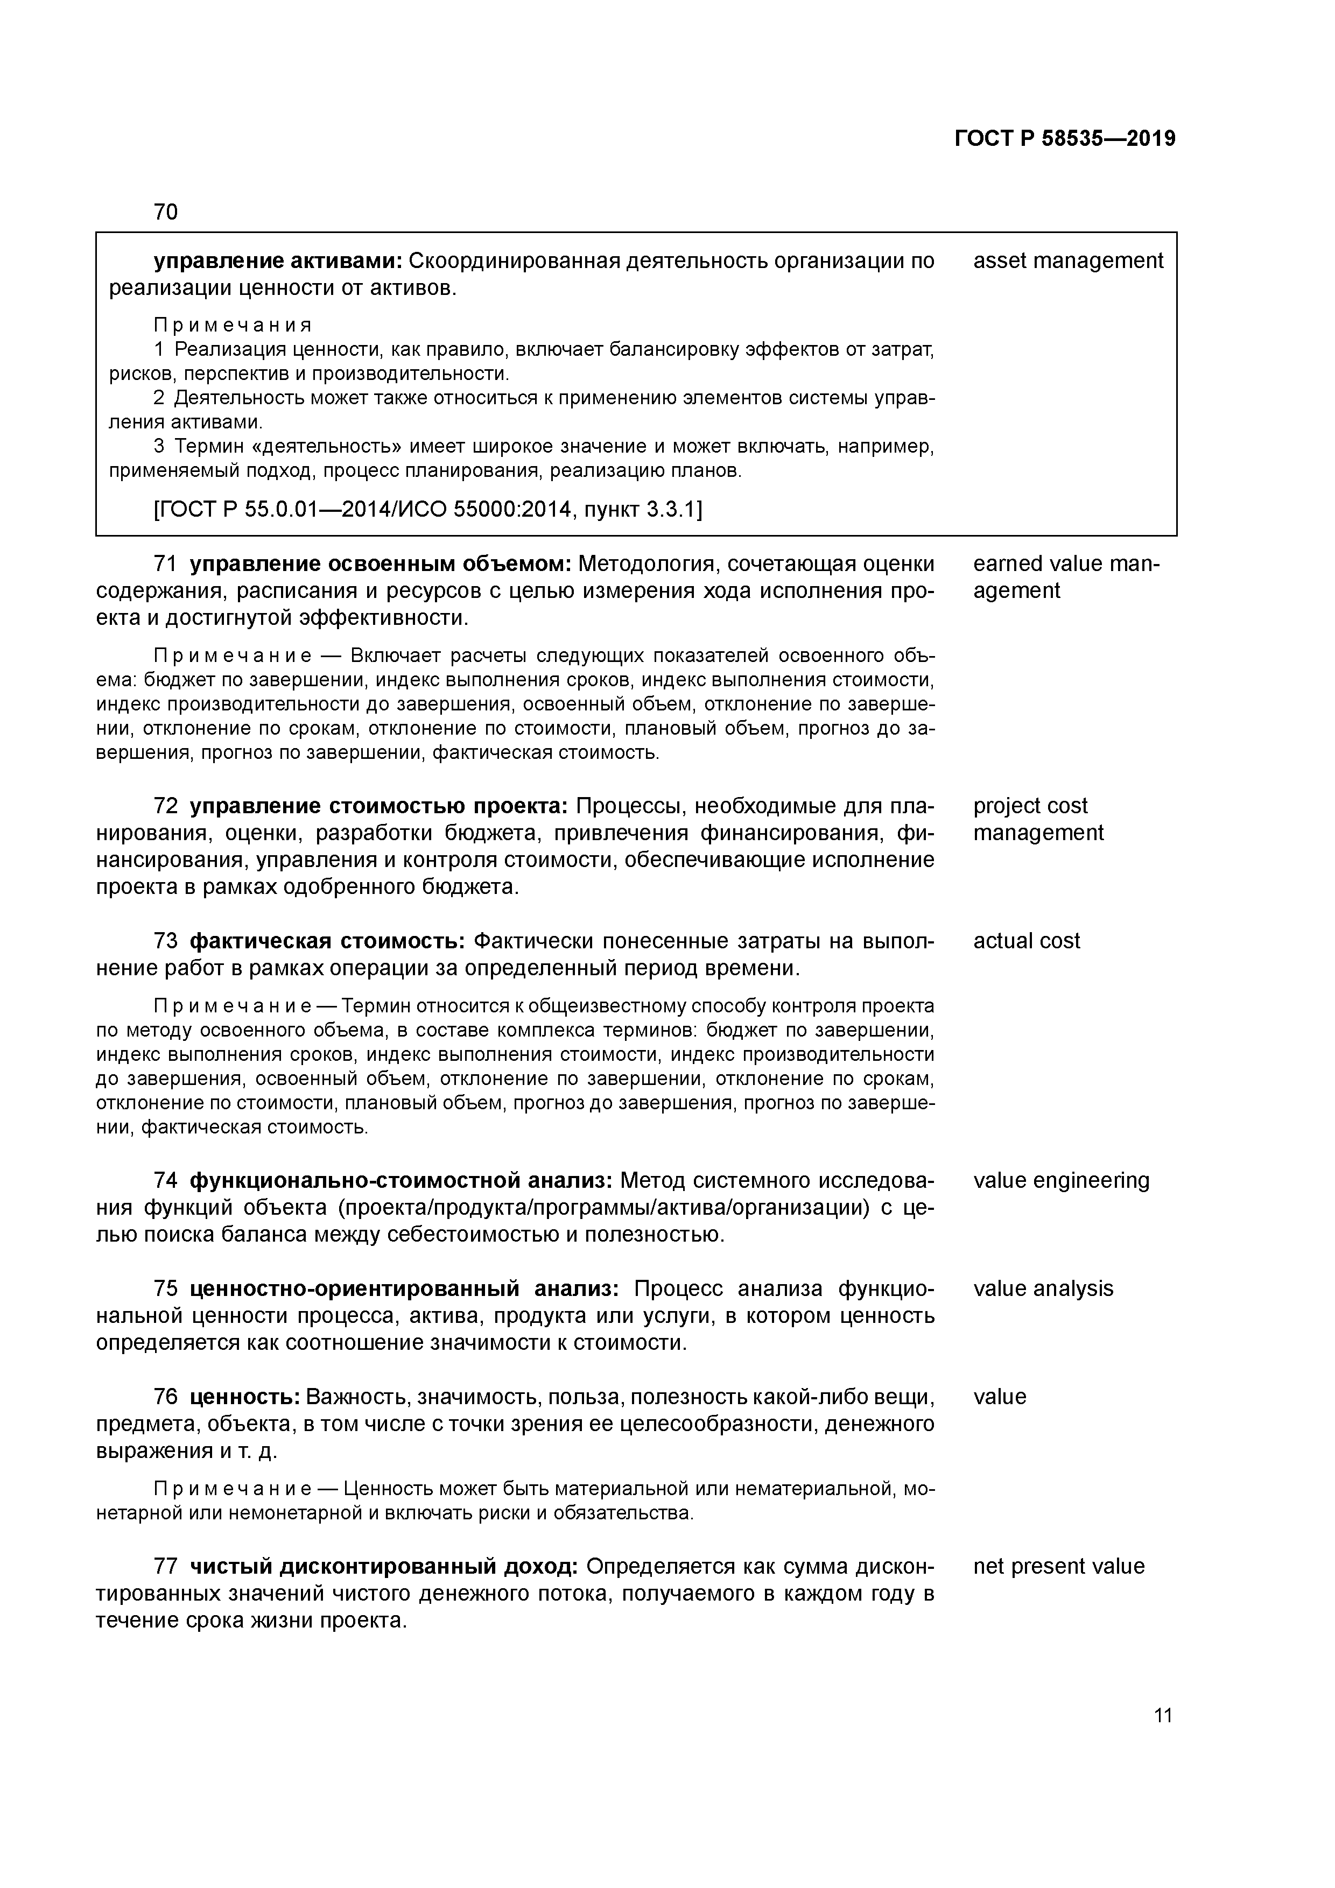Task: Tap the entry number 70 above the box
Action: [165, 212]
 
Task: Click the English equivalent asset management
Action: [1067, 260]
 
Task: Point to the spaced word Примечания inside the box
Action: [233, 325]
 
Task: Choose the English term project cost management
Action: [1037, 819]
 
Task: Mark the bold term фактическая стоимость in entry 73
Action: [327, 941]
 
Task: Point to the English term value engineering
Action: [1061, 1181]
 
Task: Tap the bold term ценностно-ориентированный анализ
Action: [404, 1288]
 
